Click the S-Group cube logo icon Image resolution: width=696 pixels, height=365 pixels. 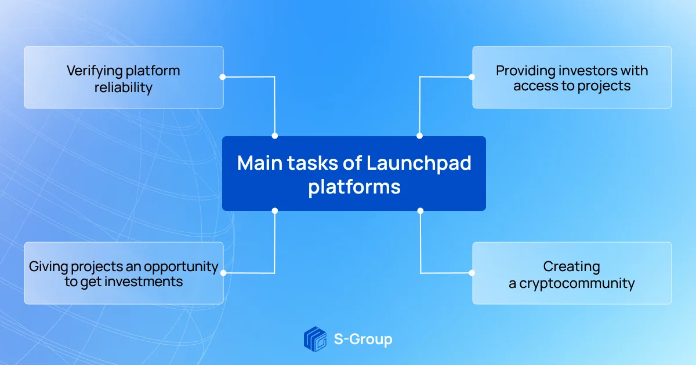pos(315,339)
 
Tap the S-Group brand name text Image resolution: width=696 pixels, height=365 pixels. pos(363,340)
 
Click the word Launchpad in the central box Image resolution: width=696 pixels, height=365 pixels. pos(419,163)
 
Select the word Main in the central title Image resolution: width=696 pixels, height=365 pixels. pos(260,163)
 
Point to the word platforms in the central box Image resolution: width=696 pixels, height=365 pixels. pos(354,187)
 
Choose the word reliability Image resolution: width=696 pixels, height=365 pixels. pos(124,87)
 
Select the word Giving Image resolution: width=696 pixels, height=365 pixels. pos(48,267)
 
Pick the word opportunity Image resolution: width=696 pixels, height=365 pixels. pos(181,267)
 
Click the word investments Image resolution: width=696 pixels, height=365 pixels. pos(144,282)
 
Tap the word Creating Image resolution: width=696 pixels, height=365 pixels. pos(572,267)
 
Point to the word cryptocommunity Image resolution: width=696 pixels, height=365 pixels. pos(577,283)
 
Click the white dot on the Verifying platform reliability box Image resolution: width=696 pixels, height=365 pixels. pos(223,77)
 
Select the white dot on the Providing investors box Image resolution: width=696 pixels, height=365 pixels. pos(472,77)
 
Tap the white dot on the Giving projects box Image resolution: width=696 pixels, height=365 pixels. pos(223,273)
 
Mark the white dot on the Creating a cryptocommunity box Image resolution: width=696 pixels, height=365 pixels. pos(472,273)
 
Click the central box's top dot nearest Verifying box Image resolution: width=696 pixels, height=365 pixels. pos(275,136)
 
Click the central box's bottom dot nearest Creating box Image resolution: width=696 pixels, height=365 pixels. pos(420,211)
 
